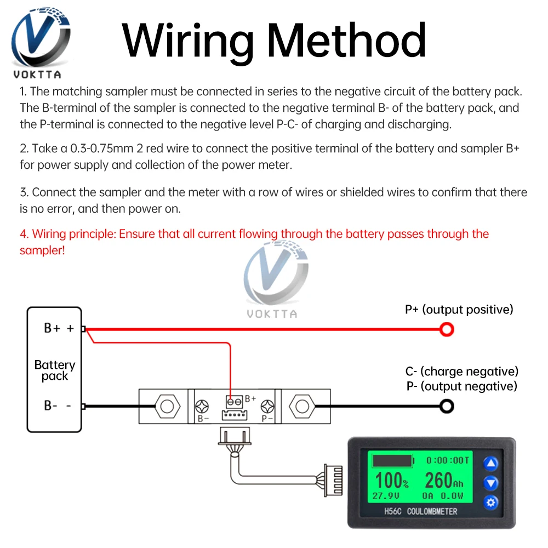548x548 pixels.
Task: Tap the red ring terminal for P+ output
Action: coord(447,329)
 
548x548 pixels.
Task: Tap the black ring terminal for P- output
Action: coord(447,406)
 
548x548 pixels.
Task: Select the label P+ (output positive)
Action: coord(459,310)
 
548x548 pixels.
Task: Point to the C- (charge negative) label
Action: coord(461,372)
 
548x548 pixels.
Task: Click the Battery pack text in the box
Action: coord(54,370)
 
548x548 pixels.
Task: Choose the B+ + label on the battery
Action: coord(59,328)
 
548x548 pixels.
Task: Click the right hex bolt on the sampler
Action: coord(300,407)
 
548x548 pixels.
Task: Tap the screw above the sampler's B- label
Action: coord(202,407)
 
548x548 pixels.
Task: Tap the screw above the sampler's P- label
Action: coord(267,407)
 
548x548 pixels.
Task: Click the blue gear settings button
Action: coord(491,502)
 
